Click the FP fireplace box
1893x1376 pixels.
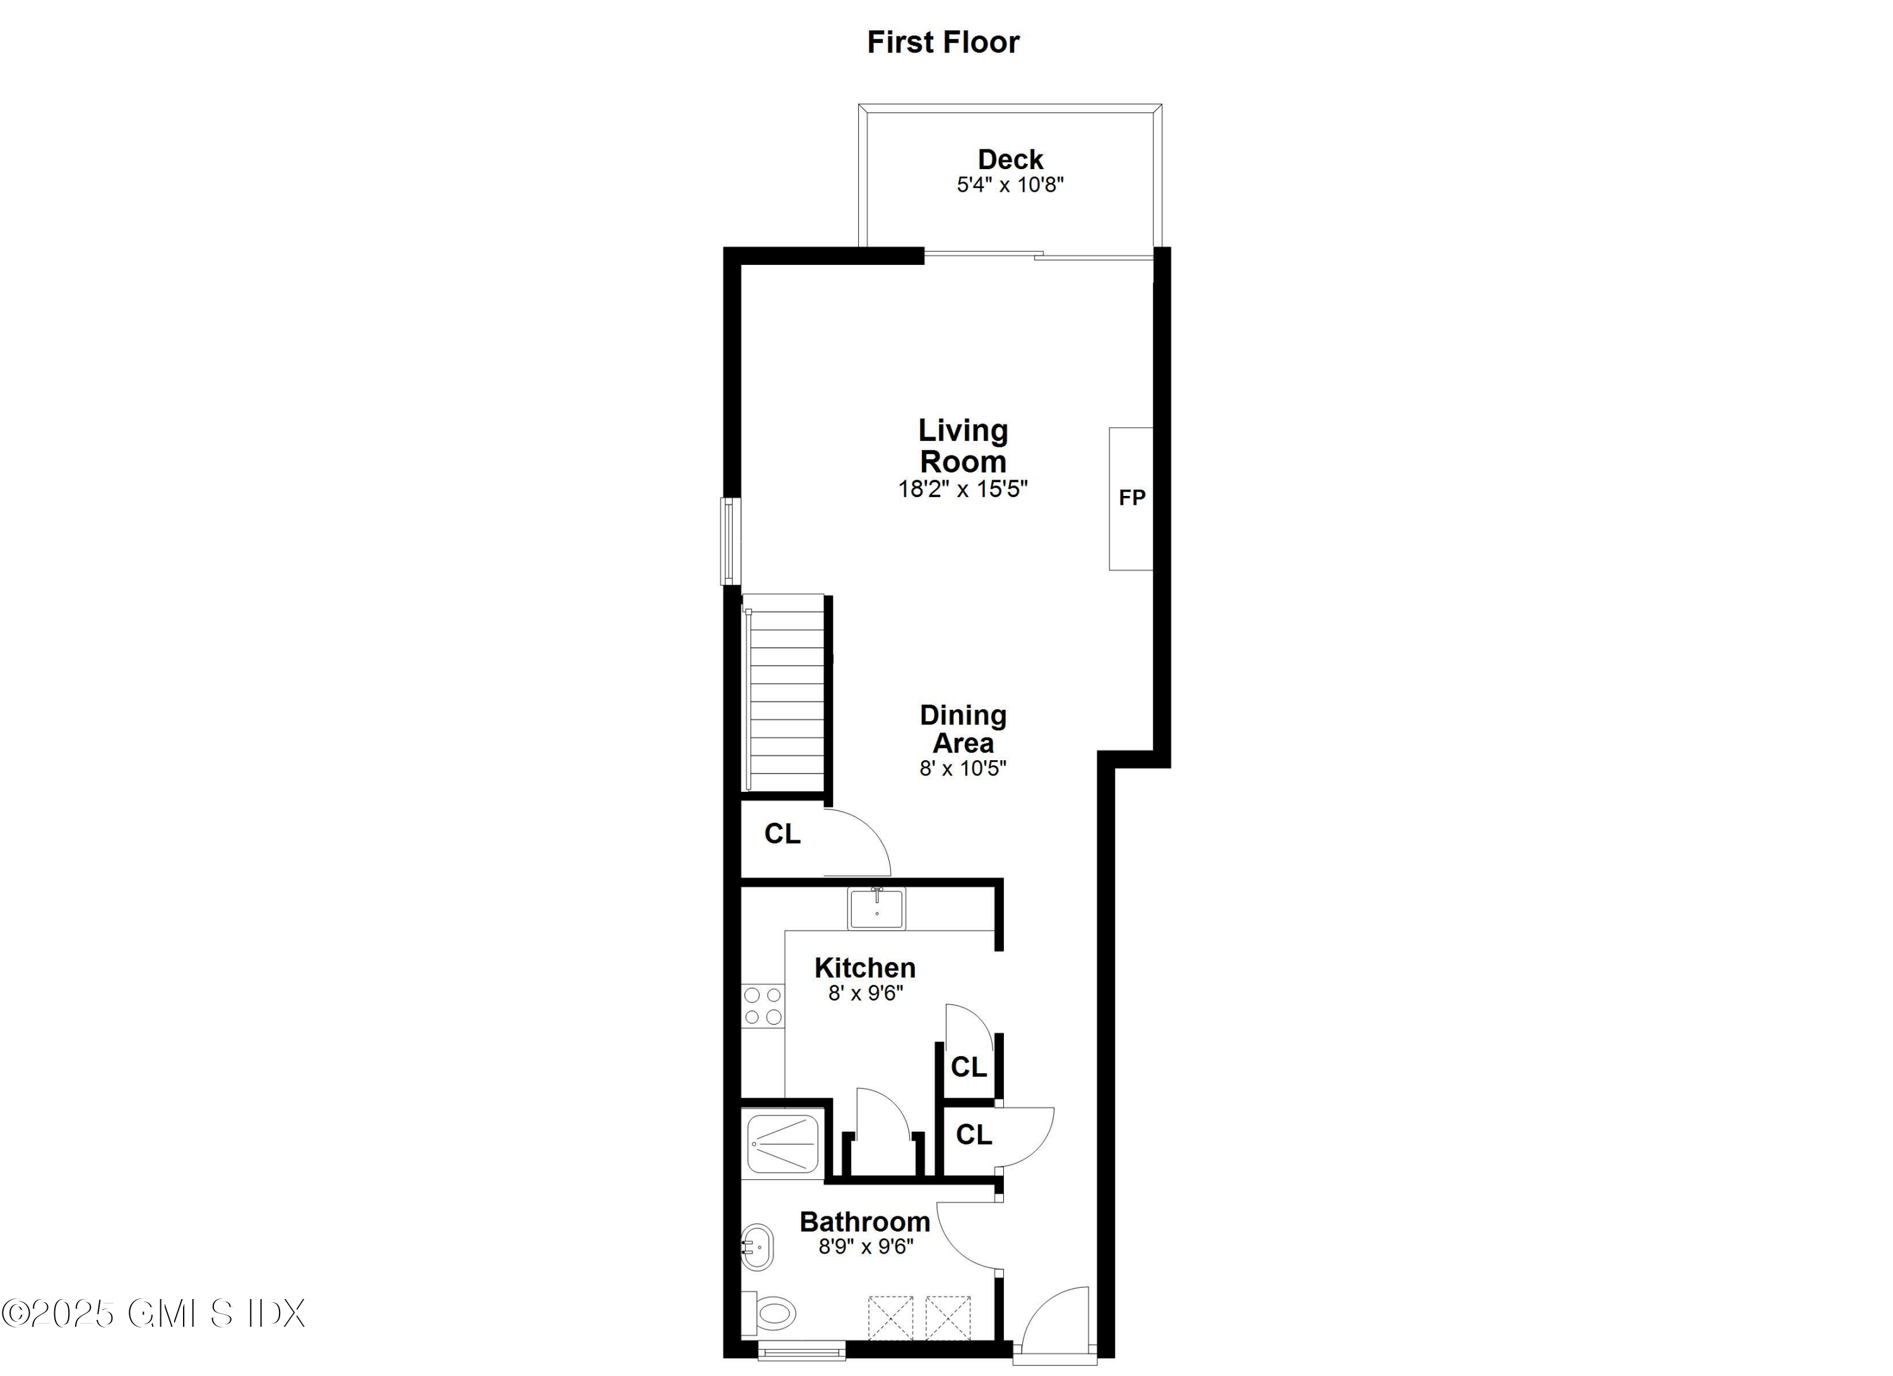(x=1131, y=498)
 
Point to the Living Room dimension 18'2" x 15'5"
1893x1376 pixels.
(x=962, y=489)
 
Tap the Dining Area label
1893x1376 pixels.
(x=963, y=729)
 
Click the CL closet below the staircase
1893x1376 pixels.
(x=782, y=833)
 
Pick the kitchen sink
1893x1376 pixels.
(x=876, y=909)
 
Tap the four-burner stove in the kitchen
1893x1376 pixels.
(x=763, y=1006)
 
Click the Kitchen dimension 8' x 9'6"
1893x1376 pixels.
(x=866, y=993)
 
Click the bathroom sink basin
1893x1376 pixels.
(x=757, y=1247)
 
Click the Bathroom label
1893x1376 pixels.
(x=864, y=1221)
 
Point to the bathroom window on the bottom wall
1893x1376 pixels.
(x=801, y=1350)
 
